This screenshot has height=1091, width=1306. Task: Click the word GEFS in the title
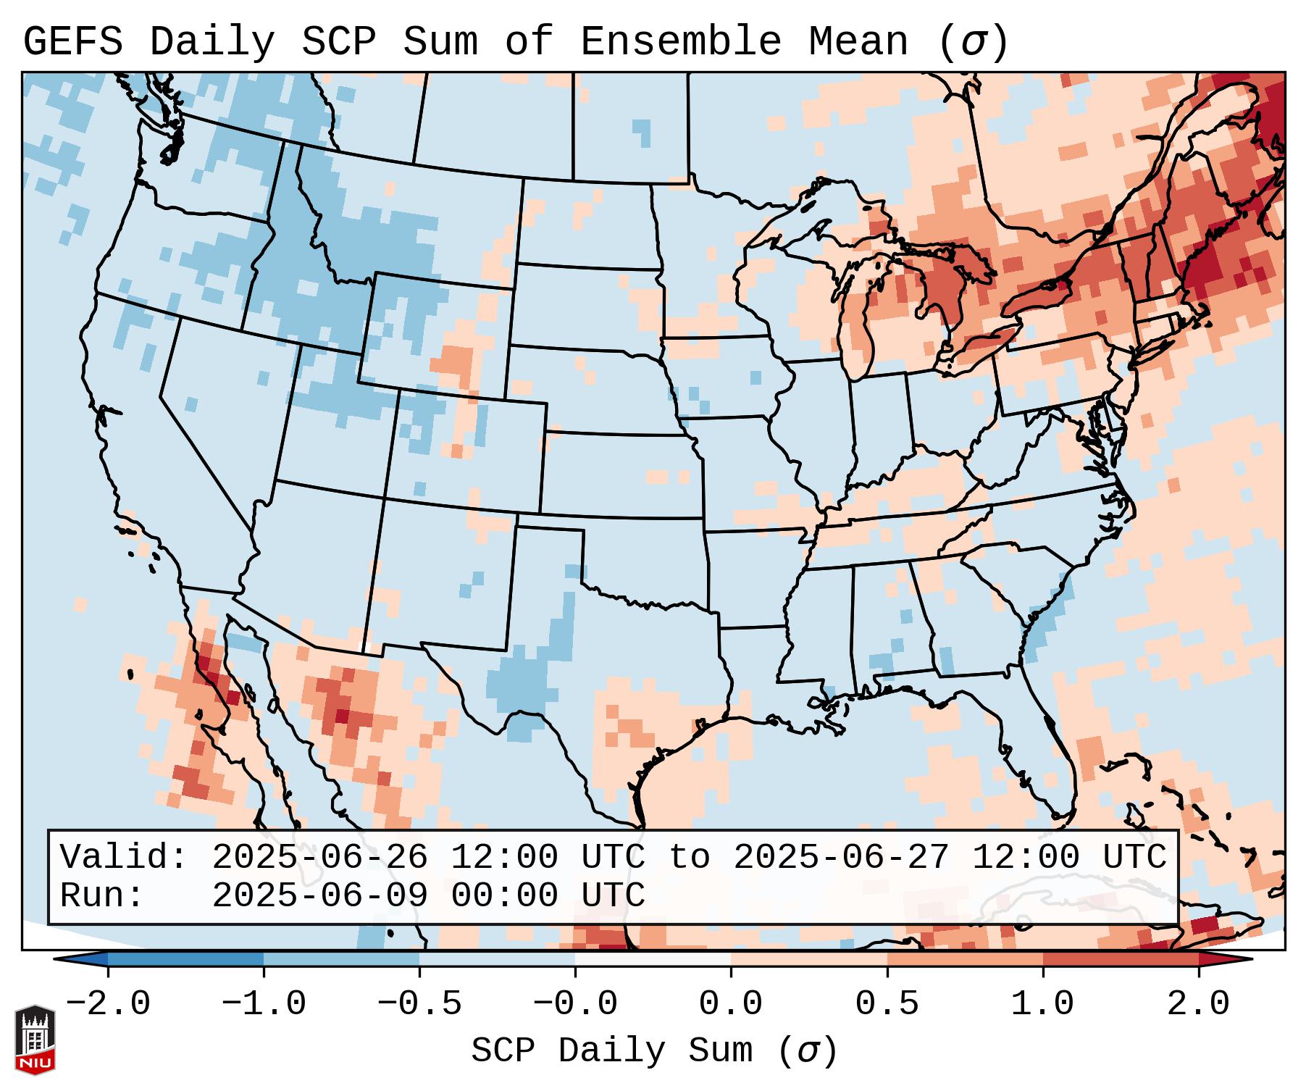(72, 42)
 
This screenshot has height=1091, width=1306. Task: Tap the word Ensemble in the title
(680, 42)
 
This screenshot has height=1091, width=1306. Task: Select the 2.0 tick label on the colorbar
(1198, 1004)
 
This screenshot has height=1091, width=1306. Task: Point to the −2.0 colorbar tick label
(108, 1004)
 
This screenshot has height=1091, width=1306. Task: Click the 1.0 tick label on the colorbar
(1042, 1004)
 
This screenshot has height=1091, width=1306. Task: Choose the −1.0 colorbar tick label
(264, 1004)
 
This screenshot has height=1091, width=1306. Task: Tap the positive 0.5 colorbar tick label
(887, 1004)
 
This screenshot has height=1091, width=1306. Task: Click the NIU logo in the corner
(35, 1040)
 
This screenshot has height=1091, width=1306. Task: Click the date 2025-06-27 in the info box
(841, 857)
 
